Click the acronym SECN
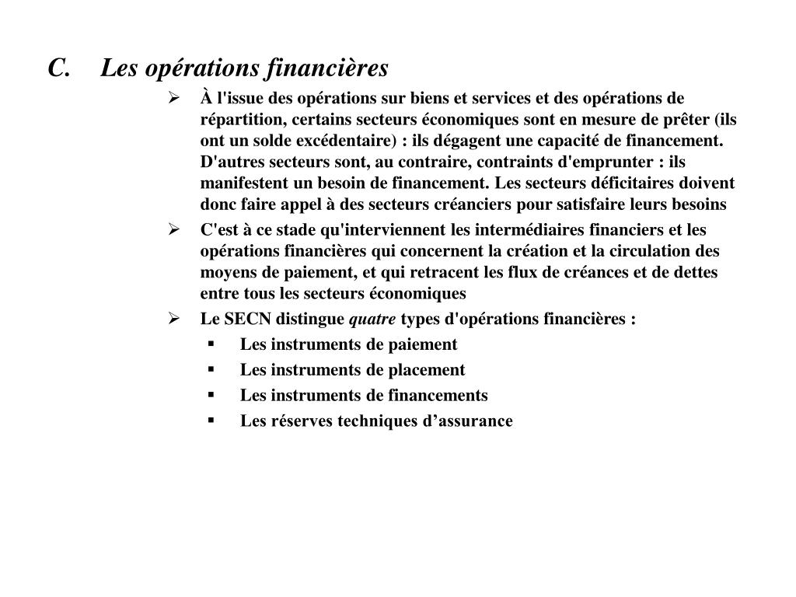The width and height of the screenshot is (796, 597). point(249,319)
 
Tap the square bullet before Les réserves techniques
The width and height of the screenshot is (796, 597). point(211,421)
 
